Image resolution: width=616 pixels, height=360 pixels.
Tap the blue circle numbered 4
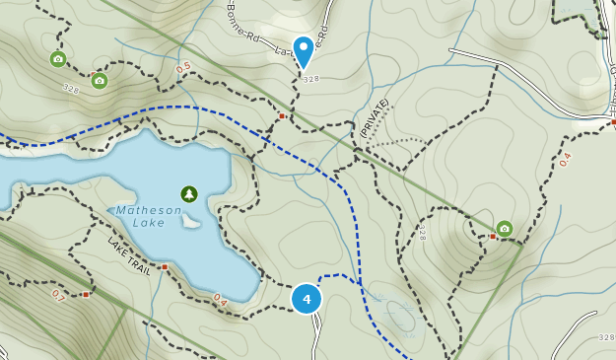click(x=307, y=298)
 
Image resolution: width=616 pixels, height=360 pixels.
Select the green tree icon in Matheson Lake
click(x=189, y=194)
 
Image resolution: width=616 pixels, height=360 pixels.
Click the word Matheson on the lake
click(x=149, y=209)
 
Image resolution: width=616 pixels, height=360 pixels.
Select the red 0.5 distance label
click(x=183, y=68)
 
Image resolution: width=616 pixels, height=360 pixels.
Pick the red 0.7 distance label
click(x=57, y=295)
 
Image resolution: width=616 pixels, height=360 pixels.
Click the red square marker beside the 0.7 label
click(x=86, y=294)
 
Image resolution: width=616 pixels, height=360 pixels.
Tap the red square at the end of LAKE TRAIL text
click(x=165, y=266)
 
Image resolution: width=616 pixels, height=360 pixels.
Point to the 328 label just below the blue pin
click(x=311, y=79)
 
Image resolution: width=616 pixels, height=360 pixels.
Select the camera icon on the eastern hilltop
click(x=505, y=229)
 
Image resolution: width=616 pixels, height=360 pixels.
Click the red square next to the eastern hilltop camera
click(x=492, y=236)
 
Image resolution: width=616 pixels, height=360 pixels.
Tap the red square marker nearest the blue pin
click(x=281, y=116)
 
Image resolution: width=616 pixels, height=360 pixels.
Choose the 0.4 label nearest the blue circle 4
click(x=220, y=299)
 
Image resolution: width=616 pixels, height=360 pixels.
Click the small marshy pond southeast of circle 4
click(x=401, y=316)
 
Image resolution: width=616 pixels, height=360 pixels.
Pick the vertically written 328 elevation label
click(x=422, y=233)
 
